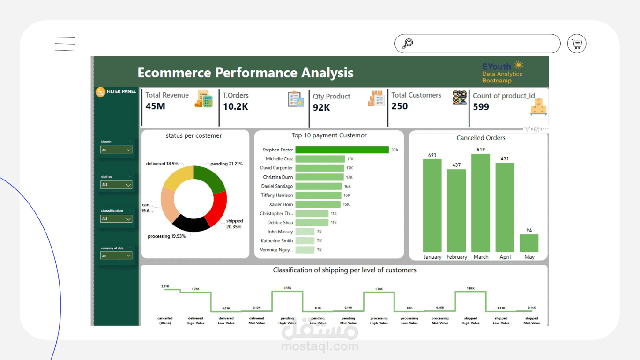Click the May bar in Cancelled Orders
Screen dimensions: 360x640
[529, 243]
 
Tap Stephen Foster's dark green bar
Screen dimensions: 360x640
[342, 150]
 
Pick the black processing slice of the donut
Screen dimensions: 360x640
[191, 224]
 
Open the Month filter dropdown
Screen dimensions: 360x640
[116, 150]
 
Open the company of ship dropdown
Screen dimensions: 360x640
[116, 256]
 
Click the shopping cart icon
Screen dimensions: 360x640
[577, 44]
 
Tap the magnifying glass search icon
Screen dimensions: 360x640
[408, 44]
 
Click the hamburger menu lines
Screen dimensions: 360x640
[65, 44]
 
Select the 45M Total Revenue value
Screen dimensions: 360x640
[155, 106]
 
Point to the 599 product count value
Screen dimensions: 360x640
[481, 107]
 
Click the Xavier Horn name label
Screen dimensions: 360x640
[281, 204]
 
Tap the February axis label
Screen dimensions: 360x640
[456, 257]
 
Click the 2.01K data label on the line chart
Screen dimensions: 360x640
[165, 286]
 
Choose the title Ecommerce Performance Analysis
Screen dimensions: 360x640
[245, 73]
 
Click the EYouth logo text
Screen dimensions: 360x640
[497, 67]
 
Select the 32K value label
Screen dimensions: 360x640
[394, 150]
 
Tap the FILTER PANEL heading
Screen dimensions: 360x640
[121, 91]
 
